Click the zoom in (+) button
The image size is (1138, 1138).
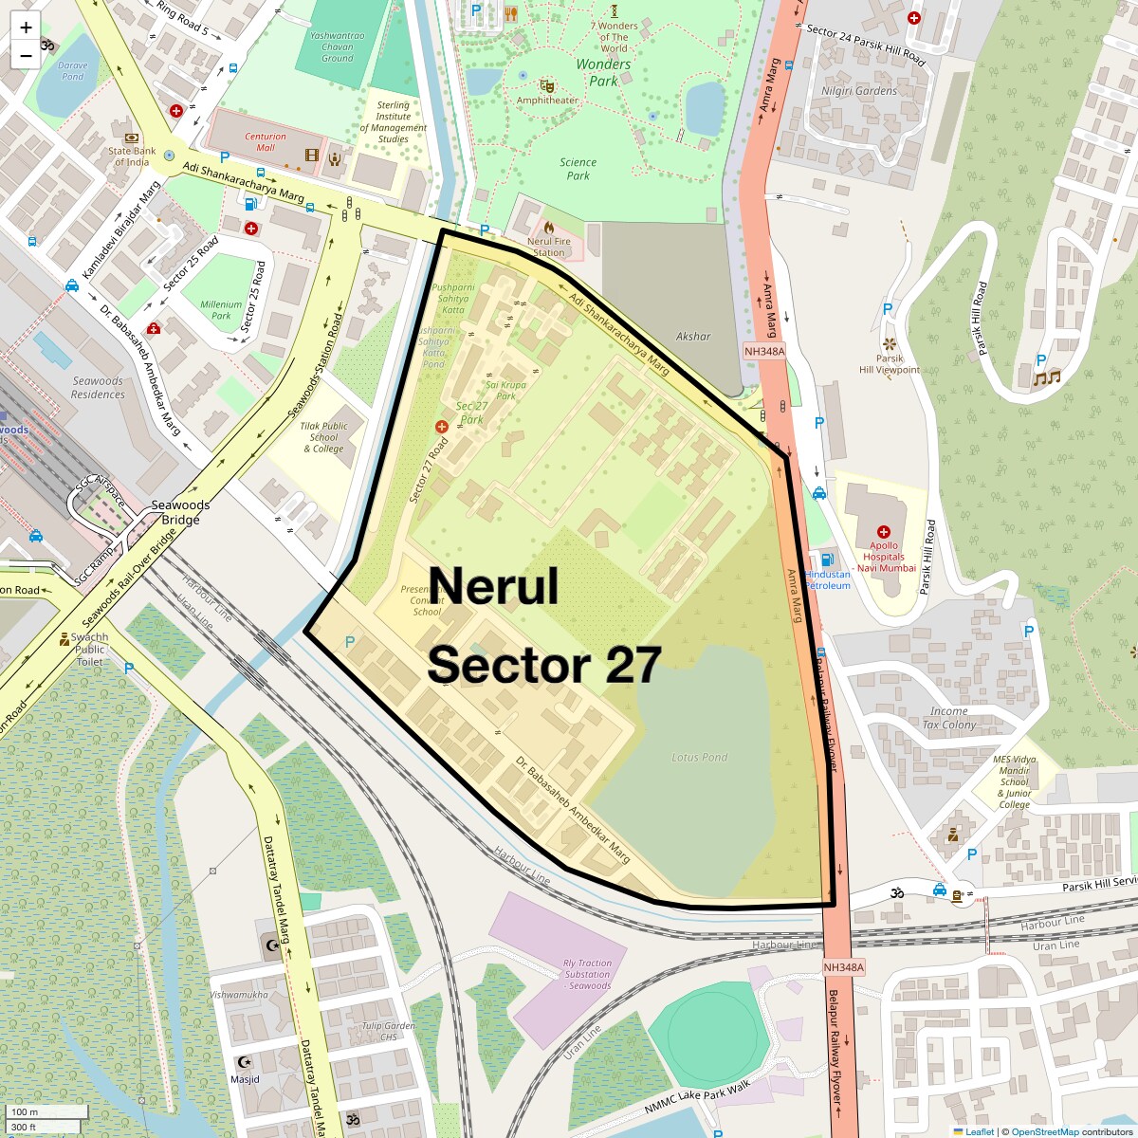tap(26, 28)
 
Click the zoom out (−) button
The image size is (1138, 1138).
tap(26, 56)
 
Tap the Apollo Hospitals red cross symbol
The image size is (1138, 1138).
tap(884, 532)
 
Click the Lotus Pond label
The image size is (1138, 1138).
tap(699, 757)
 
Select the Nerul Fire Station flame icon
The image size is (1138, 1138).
tap(548, 228)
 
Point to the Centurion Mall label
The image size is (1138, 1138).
tap(266, 141)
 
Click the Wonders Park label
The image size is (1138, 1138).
tap(603, 73)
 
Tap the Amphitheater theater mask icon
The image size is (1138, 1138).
tap(546, 85)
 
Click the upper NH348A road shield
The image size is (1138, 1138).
tap(764, 351)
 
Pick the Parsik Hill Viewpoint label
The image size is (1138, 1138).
tap(890, 364)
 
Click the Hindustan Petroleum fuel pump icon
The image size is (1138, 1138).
tap(828, 560)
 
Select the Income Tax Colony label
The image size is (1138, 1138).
tap(948, 718)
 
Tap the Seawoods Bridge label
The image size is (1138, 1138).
tap(180, 512)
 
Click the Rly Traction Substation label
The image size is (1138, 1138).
tap(587, 974)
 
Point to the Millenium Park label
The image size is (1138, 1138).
tap(221, 310)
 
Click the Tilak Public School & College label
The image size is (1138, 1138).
tap(323, 437)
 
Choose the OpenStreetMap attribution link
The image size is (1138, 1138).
tap(1044, 1131)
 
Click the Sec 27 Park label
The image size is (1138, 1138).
tap(471, 413)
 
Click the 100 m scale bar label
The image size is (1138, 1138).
tap(26, 1112)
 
